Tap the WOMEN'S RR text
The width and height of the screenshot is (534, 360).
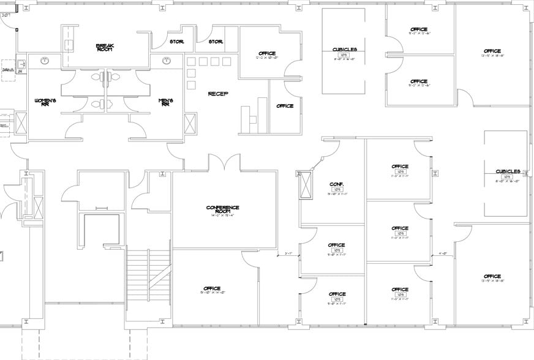[45, 102]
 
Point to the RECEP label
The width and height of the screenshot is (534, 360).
[218, 94]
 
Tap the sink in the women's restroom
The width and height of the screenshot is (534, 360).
[45, 61]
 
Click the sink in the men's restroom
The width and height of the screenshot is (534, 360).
[165, 60]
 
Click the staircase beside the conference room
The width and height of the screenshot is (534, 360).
[148, 276]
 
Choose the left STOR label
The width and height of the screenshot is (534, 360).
[177, 42]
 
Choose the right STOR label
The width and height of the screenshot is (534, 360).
[215, 42]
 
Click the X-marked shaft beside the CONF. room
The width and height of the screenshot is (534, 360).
[304, 185]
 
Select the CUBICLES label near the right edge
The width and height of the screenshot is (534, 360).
[508, 171]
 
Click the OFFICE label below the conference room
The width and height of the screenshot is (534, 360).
[212, 288]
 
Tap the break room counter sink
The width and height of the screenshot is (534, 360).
[68, 43]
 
